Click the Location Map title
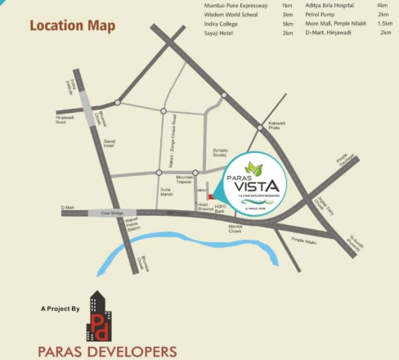(73, 25)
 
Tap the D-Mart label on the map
(68, 209)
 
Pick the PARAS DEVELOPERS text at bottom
(107, 352)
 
